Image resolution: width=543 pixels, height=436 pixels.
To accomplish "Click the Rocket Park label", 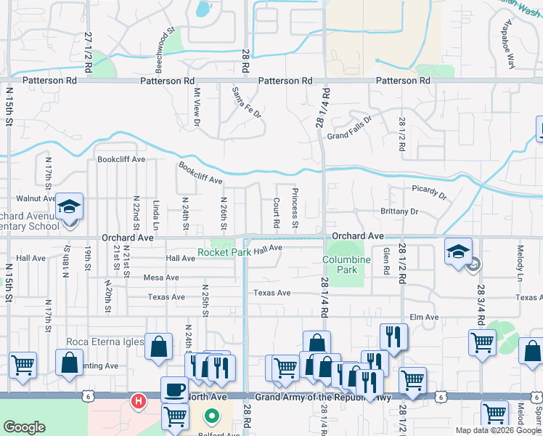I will click(225, 253).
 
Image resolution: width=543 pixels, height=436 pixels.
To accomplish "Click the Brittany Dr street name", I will click(399, 211).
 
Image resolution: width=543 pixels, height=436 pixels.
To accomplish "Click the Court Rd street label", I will click(277, 213).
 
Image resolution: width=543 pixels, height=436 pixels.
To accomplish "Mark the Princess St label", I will click(295, 207).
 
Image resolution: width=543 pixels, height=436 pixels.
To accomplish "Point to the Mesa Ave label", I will click(161, 278).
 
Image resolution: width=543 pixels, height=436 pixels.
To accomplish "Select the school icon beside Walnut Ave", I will click(70, 207).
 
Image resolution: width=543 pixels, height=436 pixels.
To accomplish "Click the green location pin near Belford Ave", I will click(212, 417).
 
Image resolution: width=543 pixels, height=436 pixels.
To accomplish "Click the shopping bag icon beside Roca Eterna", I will click(158, 347).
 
